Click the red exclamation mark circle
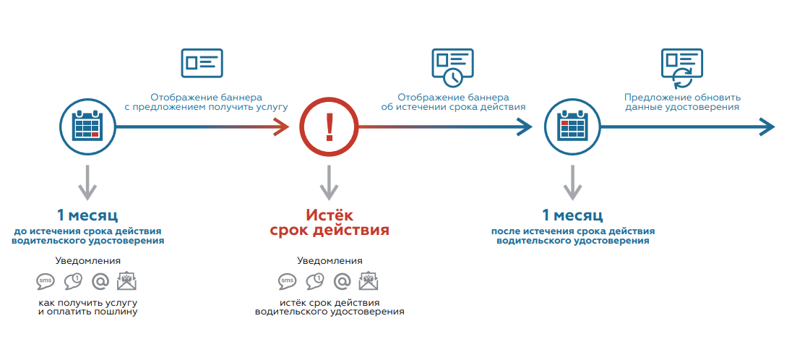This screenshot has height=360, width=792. coord(330,127)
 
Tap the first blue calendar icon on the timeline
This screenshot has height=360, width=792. coord(87,127)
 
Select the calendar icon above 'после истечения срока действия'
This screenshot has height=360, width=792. coord(572,127)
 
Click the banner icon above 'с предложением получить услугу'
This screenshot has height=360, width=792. coord(202,63)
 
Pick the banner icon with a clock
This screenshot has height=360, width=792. coord(452,64)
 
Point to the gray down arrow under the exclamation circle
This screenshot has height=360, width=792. coord(330,184)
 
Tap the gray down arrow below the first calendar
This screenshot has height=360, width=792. coord(87,184)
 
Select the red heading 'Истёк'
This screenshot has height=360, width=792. coord(329,215)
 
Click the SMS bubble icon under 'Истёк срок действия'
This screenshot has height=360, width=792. coord(288,281)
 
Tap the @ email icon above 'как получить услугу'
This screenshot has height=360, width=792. coord(100,281)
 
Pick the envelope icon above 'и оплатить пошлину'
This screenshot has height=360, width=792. coord(127,281)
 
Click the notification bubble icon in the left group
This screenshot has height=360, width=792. coord(73,281)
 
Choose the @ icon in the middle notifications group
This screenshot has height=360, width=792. coord(343,281)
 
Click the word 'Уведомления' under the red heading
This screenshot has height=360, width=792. coord(330,261)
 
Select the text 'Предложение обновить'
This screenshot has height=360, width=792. coord(682,98)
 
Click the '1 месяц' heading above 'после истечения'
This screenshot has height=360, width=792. coord(572,215)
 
